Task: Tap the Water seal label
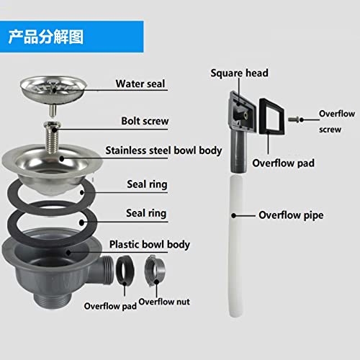click(140, 84)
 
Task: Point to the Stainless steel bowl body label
click(163, 151)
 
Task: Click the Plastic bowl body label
click(149, 245)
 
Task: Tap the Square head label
click(240, 73)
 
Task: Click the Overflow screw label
click(338, 122)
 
